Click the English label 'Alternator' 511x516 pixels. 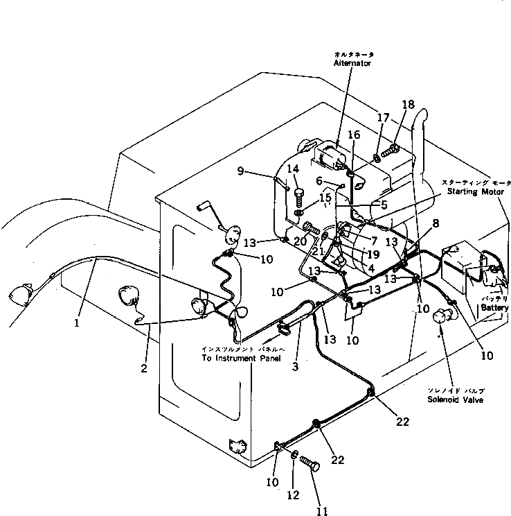pyautogui.click(x=352, y=63)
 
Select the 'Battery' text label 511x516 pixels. pyautogui.click(x=495, y=307)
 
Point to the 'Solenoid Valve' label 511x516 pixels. pyautogui.click(x=455, y=400)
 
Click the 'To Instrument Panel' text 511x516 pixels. pyautogui.click(x=241, y=358)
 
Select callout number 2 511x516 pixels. pyautogui.click(x=144, y=368)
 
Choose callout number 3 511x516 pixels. pyautogui.click(x=295, y=366)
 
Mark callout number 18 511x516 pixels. pyautogui.click(x=408, y=105)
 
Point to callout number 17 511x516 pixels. pyautogui.click(x=379, y=119)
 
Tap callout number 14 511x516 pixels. pyautogui.click(x=293, y=169)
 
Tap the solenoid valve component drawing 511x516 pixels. pyautogui.click(x=440, y=317)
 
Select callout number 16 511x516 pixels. pyautogui.click(x=354, y=135)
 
